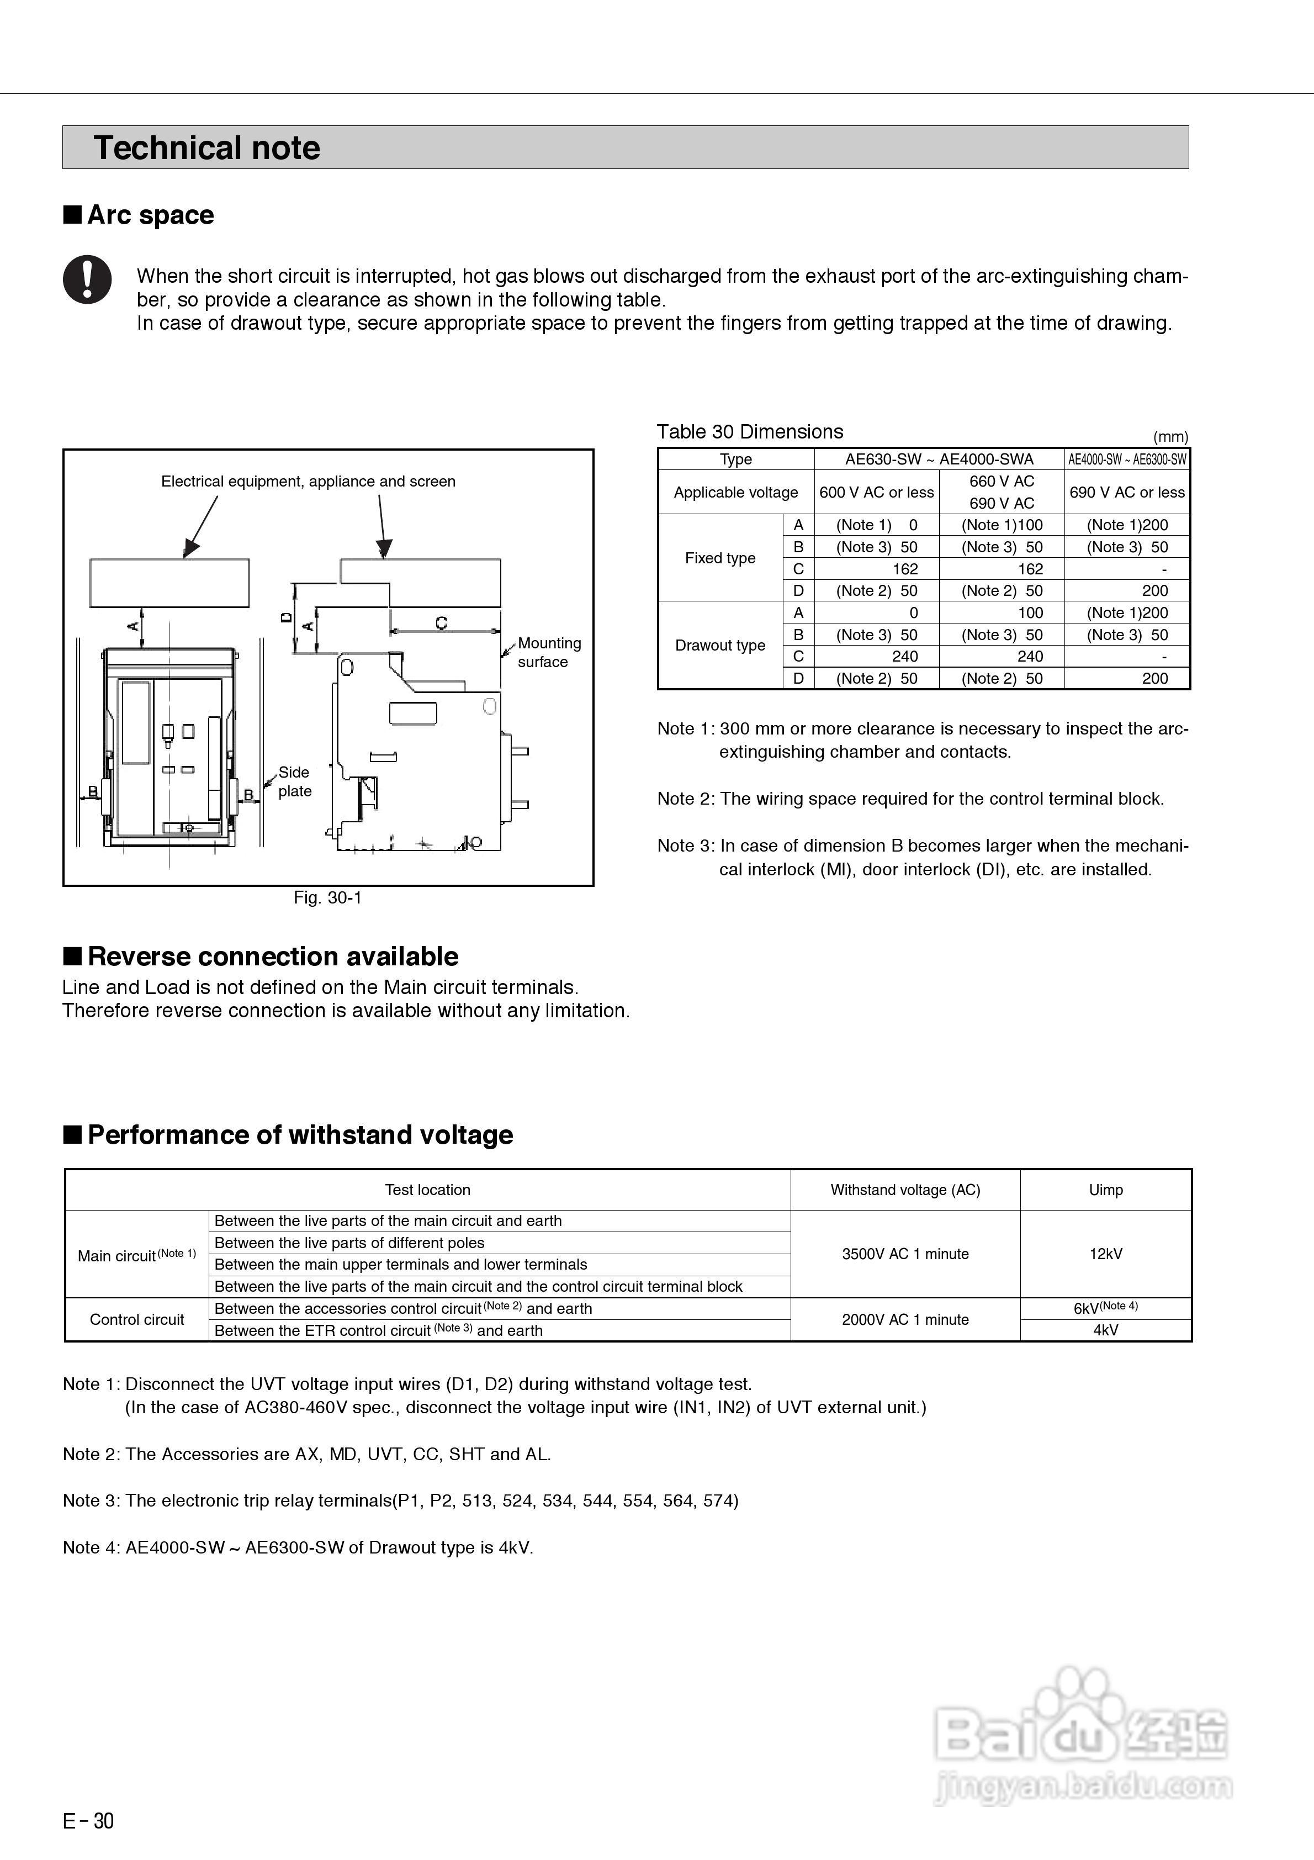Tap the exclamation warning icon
(87, 279)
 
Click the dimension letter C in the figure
(442, 622)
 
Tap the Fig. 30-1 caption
(327, 897)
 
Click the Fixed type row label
(720, 558)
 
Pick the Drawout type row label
(720, 646)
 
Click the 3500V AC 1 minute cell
(905, 1254)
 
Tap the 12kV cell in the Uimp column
(1105, 1254)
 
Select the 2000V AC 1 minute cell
(905, 1320)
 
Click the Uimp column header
(1105, 1190)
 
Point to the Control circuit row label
(137, 1320)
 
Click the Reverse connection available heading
(272, 957)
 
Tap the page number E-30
(88, 1821)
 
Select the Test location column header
(427, 1190)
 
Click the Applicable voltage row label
(735, 493)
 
